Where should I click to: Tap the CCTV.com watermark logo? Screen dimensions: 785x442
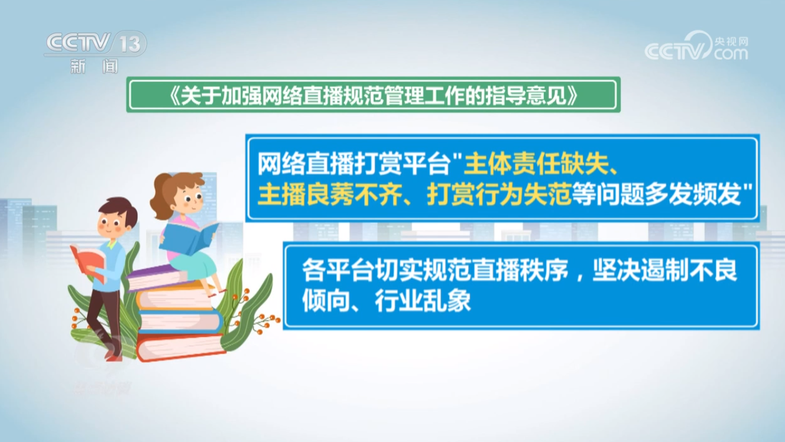pyautogui.click(x=697, y=46)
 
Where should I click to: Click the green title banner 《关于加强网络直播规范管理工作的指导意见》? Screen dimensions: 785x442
pyautogui.click(x=373, y=95)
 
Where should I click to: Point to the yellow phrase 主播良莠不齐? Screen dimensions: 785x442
pyautogui.click(x=329, y=194)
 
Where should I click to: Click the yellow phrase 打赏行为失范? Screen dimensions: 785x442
pyautogui.click(x=499, y=194)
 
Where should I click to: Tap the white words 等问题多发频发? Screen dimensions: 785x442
pyautogui.click(x=657, y=194)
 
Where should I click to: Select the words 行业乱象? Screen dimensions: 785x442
pyautogui.click(x=423, y=301)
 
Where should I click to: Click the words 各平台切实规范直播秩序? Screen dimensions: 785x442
pyautogui.click(x=434, y=270)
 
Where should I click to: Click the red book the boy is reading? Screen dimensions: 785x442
pyautogui.click(x=87, y=261)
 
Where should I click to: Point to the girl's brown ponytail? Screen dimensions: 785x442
pyautogui.click(x=162, y=196)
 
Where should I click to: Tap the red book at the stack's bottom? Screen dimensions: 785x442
pyautogui.click(x=180, y=346)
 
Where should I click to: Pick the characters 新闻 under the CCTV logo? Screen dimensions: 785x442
pyautogui.click(x=95, y=66)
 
